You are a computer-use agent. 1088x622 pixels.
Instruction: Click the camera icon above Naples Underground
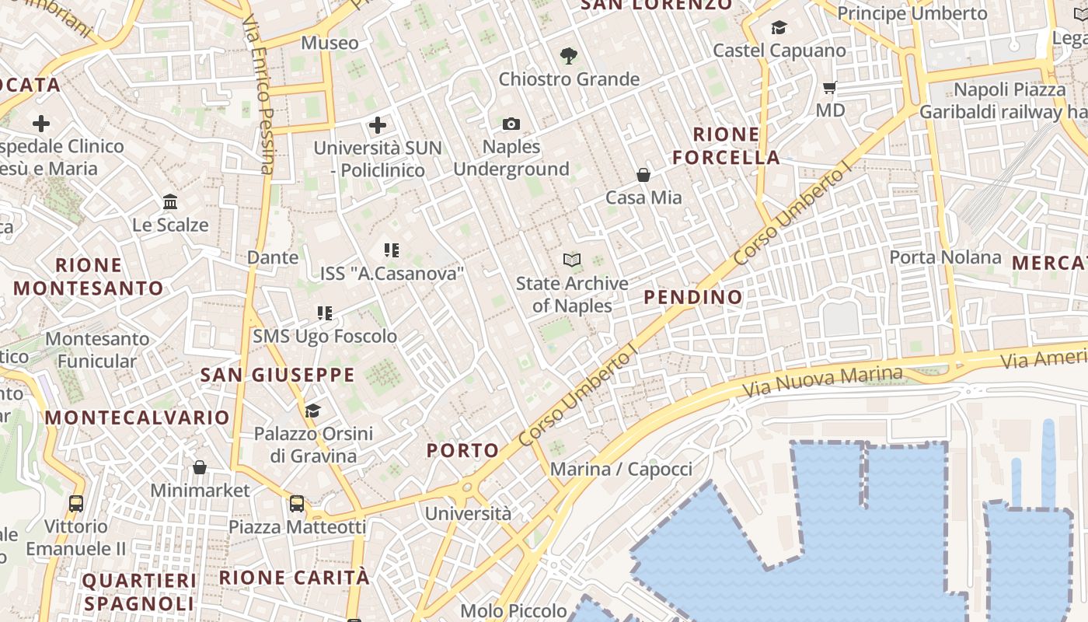[511, 124]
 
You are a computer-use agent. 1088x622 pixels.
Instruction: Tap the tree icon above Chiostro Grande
[569, 56]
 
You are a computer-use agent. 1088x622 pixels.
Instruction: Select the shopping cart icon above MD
[830, 88]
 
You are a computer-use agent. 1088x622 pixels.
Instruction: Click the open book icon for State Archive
[572, 260]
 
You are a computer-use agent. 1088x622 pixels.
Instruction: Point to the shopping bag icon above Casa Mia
[643, 174]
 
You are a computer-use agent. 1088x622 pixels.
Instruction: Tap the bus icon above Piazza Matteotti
[297, 504]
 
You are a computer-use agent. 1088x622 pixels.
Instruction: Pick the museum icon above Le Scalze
[170, 202]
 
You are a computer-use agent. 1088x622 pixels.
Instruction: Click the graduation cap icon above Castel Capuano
[779, 29]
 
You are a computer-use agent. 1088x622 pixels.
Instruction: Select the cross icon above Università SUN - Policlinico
[378, 124]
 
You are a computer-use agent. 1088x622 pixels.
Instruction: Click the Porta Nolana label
[945, 257]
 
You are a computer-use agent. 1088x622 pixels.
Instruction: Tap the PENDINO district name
[693, 297]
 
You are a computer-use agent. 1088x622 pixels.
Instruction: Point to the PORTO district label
[463, 450]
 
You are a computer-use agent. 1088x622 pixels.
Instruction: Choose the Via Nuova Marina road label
[822, 381]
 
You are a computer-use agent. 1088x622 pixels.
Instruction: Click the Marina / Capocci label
[621, 469]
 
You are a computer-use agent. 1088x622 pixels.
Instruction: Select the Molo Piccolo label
[514, 610]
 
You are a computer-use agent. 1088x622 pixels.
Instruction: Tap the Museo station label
[330, 43]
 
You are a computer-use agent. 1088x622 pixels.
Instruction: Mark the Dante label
[273, 257]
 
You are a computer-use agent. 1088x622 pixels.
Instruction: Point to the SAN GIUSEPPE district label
[277, 375]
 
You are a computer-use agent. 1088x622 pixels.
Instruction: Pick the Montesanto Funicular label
[97, 350]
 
